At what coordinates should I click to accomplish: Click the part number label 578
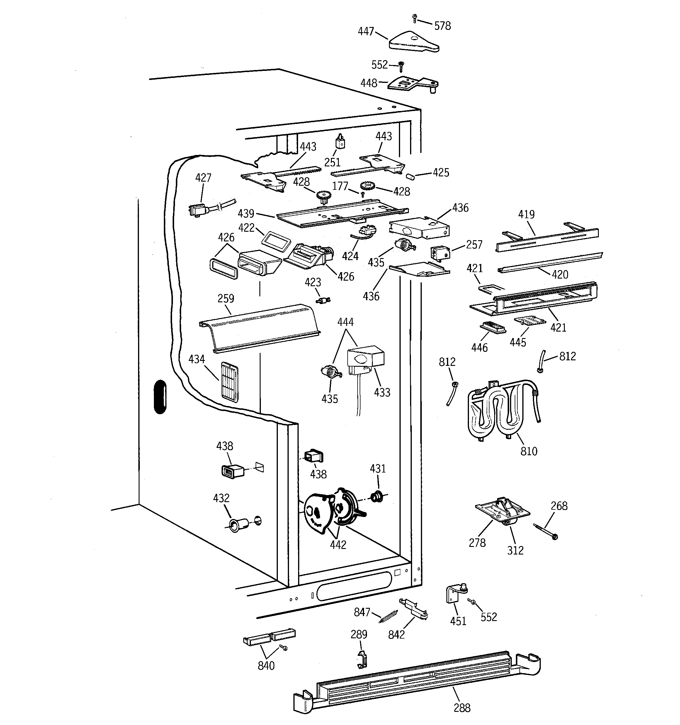pos(442,26)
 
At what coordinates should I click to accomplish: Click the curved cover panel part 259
pos(260,327)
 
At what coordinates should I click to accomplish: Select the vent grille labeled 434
pos(229,382)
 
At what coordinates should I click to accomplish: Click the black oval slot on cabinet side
pos(160,397)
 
